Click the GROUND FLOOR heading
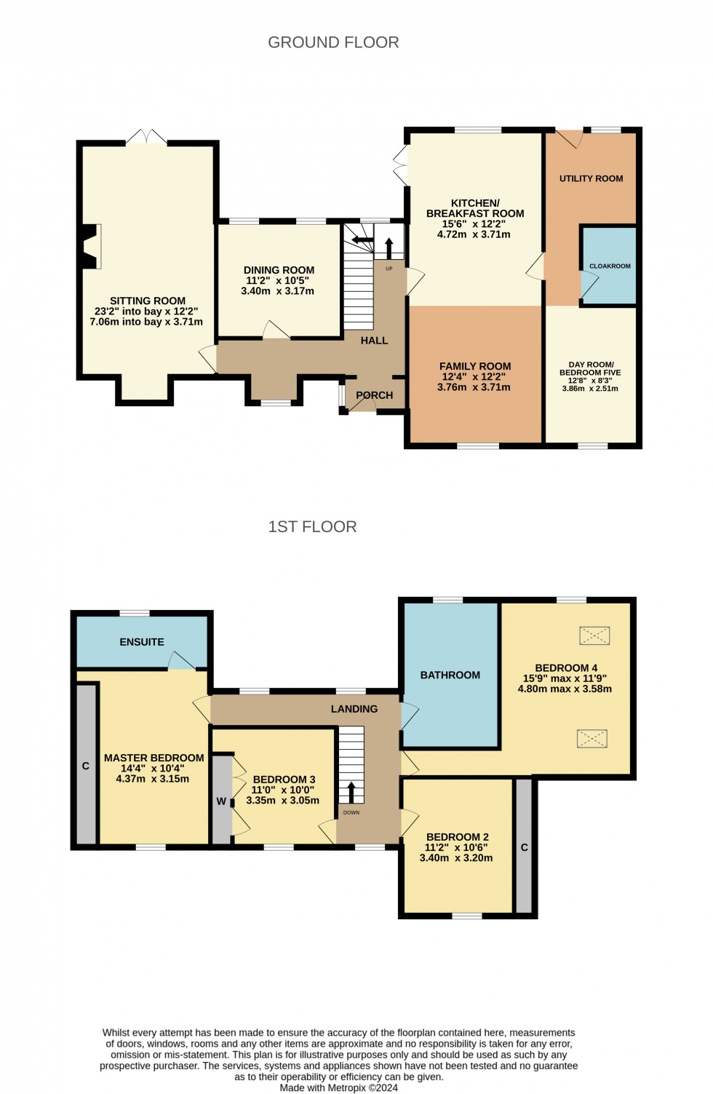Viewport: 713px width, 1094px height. click(x=333, y=42)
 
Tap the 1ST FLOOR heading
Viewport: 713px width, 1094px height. click(x=312, y=526)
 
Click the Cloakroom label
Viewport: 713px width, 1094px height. click(x=610, y=266)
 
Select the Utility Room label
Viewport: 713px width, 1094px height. click(x=591, y=179)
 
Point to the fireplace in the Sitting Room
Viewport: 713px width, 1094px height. click(x=91, y=246)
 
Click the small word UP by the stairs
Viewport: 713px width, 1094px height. click(x=389, y=269)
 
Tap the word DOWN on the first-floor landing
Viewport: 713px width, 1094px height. click(x=351, y=813)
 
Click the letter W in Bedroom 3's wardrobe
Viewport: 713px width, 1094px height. click(x=221, y=801)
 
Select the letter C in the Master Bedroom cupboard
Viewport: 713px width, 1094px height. click(x=85, y=766)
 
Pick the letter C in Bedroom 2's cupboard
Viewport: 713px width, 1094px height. click(x=524, y=847)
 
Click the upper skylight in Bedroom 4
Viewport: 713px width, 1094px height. click(x=594, y=636)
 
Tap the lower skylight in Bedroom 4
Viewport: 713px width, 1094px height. click(x=592, y=739)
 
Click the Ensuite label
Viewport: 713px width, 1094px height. click(x=142, y=642)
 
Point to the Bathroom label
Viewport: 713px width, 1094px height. click(x=450, y=675)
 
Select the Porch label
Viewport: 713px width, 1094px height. click(x=374, y=395)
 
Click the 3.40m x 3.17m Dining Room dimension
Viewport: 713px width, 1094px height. click(x=277, y=291)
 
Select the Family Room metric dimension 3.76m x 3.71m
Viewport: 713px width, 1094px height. click(x=474, y=387)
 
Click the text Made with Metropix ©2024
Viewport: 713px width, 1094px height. click(x=338, y=1087)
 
